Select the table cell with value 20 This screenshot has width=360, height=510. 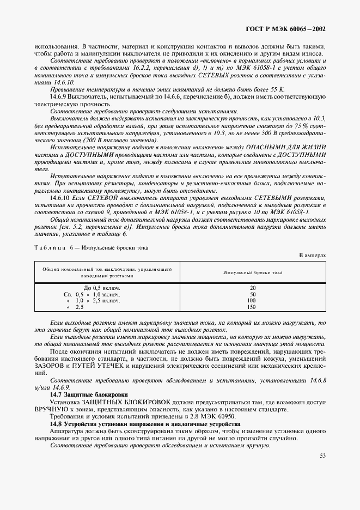(x=252, y=287)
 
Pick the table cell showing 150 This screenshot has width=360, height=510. (x=252, y=307)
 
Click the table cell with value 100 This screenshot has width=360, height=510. (x=252, y=300)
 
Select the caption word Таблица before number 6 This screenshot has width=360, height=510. (x=50, y=247)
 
